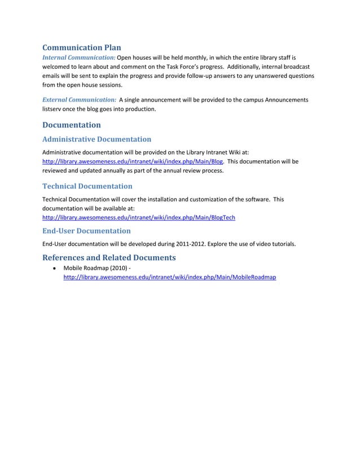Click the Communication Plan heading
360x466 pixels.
(82, 47)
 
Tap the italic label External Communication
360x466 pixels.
(80, 100)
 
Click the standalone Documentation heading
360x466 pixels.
(72, 125)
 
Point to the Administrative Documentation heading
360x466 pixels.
(97, 139)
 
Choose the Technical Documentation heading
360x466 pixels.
(87, 186)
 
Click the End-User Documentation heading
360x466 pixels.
(86, 230)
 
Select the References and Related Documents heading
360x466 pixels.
(109, 258)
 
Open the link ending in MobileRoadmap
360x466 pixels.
(169, 278)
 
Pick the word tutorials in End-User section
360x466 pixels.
(282, 244)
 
